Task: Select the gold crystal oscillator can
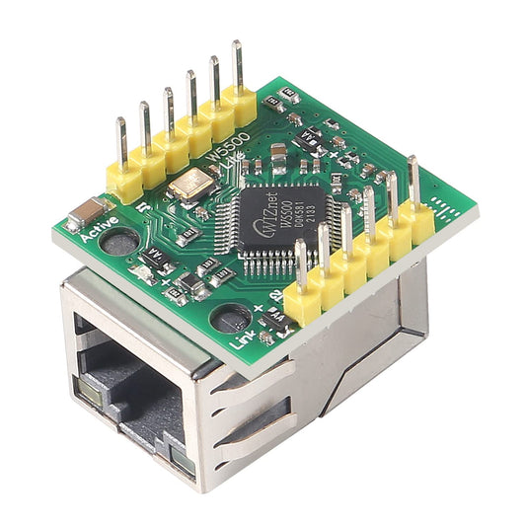193,184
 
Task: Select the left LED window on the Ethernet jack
90,395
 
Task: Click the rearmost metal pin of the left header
237,65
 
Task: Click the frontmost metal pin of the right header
300,262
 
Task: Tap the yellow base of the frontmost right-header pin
302,301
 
